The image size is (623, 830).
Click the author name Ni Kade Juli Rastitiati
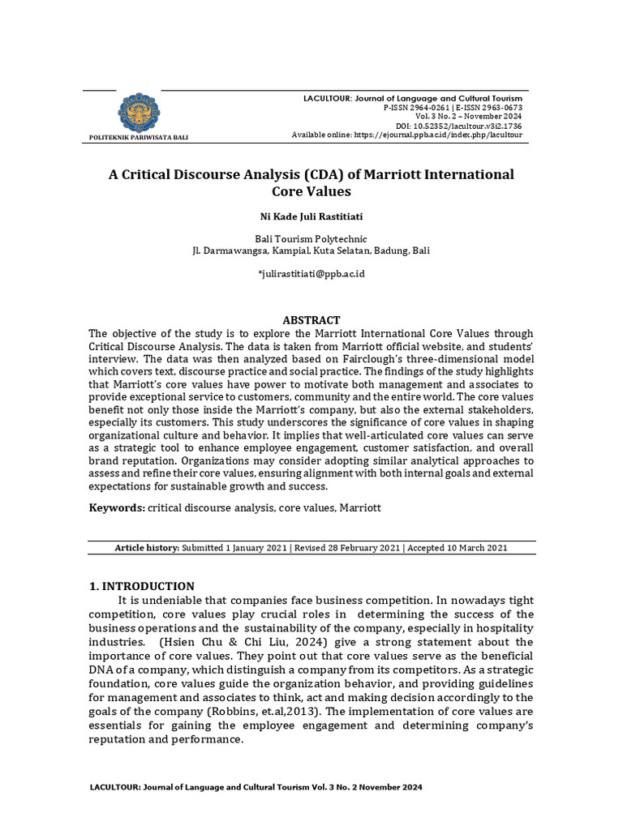[311, 217]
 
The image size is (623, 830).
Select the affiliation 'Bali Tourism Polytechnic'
[311, 239]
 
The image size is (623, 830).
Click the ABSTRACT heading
[311, 320]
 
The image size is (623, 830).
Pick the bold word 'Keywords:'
[117, 507]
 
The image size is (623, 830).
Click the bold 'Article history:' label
[147, 548]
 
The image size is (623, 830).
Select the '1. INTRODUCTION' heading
[140, 586]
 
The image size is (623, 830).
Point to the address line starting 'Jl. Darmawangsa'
[311, 251]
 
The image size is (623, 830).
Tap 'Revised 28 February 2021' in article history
[347, 548]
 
